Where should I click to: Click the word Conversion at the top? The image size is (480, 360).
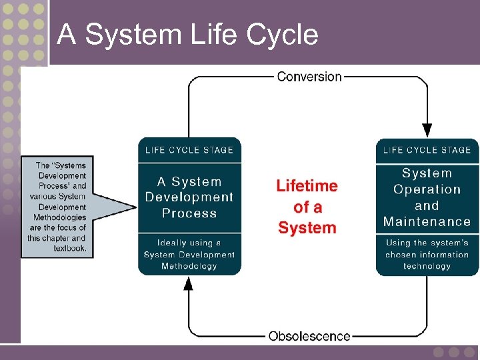click(309, 76)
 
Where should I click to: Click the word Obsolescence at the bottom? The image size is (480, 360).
click(309, 336)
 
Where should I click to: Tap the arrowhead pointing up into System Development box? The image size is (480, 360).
click(189, 284)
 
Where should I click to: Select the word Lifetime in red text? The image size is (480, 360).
click(307, 186)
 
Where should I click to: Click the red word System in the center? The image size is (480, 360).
click(307, 228)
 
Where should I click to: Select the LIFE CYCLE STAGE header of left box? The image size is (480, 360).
click(189, 150)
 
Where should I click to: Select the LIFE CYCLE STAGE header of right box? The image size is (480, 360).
click(427, 150)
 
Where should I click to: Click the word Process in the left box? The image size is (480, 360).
click(189, 213)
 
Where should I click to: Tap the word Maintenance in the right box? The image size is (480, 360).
click(427, 222)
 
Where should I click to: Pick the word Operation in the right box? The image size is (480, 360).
click(427, 189)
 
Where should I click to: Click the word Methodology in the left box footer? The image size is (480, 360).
click(189, 266)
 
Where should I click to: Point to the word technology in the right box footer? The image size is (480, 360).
click(427, 266)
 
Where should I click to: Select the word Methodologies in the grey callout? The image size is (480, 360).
click(59, 217)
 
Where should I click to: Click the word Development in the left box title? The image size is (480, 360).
click(189, 197)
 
